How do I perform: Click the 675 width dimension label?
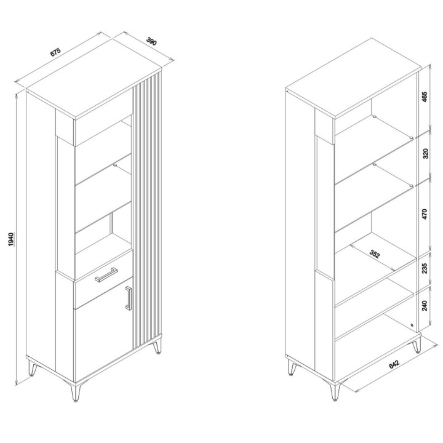point(55,52)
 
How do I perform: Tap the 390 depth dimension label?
point(151,42)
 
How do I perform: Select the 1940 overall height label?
point(10,239)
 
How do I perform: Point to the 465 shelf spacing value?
point(425,97)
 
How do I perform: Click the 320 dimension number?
point(426,153)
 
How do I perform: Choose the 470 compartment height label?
point(425,214)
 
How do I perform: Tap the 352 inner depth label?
point(375,254)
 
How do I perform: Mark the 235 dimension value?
point(425,268)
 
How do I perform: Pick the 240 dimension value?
point(425,306)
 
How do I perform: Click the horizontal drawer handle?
point(106,274)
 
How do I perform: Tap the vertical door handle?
point(129,298)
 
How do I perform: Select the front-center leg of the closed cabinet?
point(76,391)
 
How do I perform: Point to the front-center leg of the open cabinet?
point(335,391)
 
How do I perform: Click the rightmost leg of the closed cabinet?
point(157,346)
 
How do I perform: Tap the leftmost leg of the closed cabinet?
point(33,368)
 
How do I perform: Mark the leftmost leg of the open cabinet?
point(292,368)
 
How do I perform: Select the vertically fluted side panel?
point(147,211)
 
